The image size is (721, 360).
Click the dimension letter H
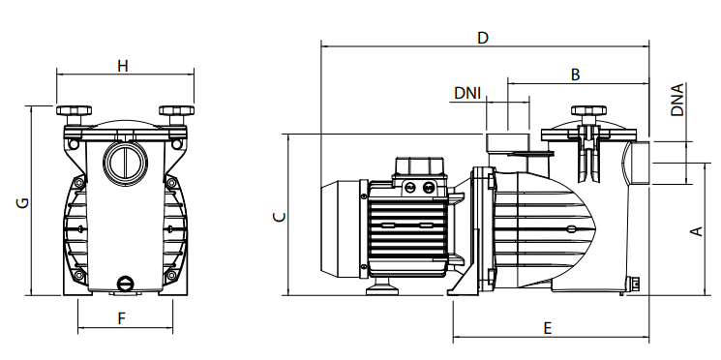pos(122,66)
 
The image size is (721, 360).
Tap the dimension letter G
pos(22,202)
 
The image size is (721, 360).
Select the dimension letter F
pos(122,318)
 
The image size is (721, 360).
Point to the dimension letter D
pos(482,38)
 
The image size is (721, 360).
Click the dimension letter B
pos(575,75)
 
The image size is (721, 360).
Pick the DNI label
pos(467,93)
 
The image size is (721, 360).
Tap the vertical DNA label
pos(677,100)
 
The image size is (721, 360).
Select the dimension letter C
pos(279,217)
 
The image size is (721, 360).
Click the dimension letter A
pos(697,230)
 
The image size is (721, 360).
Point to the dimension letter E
pos(547,328)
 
